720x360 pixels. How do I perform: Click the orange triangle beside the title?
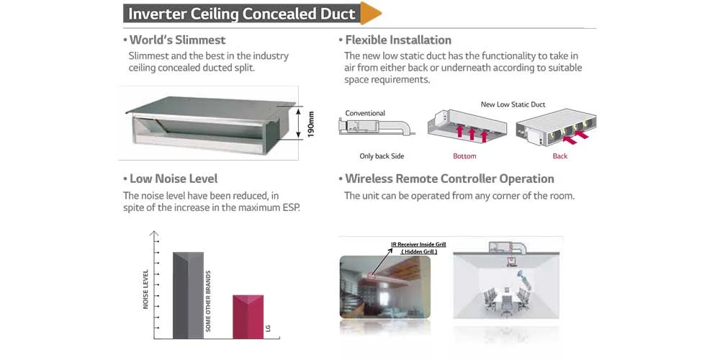coord(369,13)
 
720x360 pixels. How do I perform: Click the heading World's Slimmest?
coord(177,40)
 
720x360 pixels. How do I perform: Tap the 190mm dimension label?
coord(311,124)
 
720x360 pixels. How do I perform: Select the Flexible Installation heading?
coord(398,40)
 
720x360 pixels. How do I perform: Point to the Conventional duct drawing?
coord(377,126)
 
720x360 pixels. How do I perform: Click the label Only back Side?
coord(382,156)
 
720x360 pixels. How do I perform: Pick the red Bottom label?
coord(464,156)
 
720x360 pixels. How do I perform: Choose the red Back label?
coord(559,156)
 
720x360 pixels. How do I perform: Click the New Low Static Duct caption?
coord(513,104)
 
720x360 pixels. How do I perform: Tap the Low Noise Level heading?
coord(174,179)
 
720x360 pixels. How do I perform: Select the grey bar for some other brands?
coord(188,295)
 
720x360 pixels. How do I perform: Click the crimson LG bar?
coord(248,317)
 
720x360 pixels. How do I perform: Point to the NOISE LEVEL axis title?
coord(145,289)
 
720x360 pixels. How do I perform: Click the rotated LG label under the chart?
coord(268,328)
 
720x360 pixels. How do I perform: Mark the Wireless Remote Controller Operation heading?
coord(449,179)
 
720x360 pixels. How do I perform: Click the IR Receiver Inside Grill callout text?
coord(418,245)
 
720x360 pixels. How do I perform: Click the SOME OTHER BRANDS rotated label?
coord(208,301)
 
